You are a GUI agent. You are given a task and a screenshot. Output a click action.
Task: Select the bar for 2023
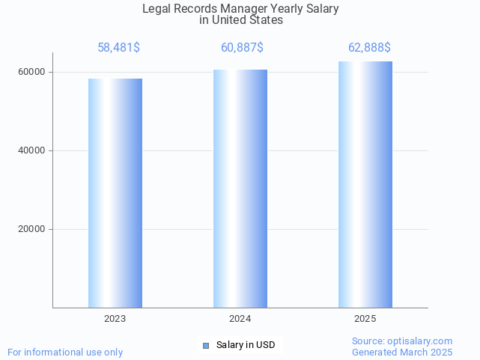point(115,193)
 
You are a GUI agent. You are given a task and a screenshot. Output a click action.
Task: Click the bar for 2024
point(240,189)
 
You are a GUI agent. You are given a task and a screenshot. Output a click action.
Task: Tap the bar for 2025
point(365,184)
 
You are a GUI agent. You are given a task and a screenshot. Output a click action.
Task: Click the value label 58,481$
point(118,48)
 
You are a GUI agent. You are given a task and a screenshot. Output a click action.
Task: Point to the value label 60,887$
point(242,48)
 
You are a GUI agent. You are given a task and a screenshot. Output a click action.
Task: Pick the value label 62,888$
point(369,48)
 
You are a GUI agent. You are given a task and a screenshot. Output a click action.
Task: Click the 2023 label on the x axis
point(115,319)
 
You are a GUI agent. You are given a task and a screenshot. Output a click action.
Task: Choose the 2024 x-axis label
point(240,319)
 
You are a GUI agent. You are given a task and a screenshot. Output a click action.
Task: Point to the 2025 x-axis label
point(365,319)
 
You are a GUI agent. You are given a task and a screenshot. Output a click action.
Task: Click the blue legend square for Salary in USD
point(206,345)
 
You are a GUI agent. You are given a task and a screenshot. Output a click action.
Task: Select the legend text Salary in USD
point(246,345)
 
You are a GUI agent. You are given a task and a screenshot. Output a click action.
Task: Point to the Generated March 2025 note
point(402,352)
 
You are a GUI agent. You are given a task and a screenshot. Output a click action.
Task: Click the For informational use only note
point(65,352)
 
